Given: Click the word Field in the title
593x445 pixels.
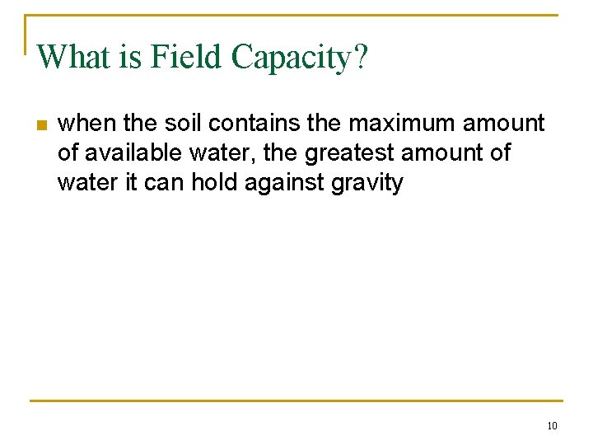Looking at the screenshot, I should [184, 58].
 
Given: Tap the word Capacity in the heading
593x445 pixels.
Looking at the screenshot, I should [292, 58].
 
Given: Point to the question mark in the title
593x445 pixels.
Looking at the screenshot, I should [362, 58].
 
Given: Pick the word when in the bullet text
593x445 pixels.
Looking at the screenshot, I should [87, 124].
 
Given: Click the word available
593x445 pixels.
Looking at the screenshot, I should [132, 152].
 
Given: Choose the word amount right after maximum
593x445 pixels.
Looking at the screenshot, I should [504, 124].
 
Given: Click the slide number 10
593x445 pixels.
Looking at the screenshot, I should [551, 425].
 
